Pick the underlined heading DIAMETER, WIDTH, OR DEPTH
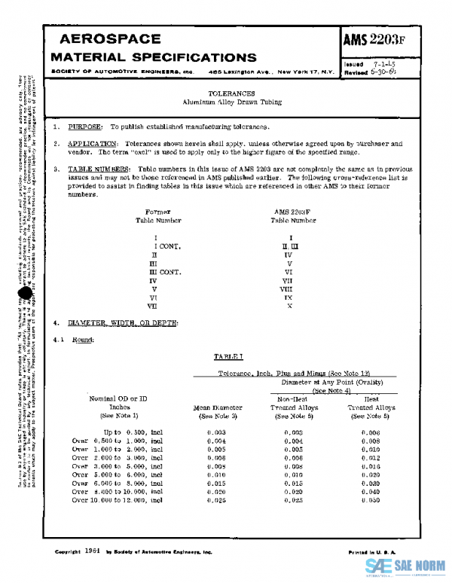point(123,323)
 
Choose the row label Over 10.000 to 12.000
point(117,500)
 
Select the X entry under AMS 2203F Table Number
point(290,306)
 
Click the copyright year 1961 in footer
point(93,551)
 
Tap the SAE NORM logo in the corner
point(406,566)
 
